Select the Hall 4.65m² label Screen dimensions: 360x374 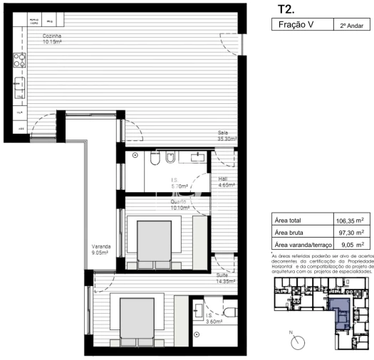pyautogui.click(x=223, y=181)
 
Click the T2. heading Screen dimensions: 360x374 pyautogui.click(x=286, y=9)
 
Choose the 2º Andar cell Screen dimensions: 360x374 pyautogui.click(x=352, y=26)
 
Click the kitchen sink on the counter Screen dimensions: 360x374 pyautogui.click(x=16, y=89)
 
